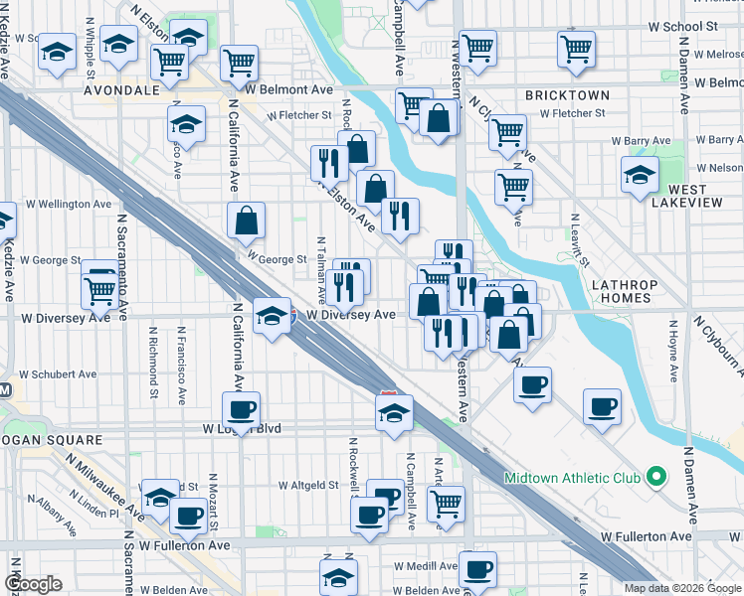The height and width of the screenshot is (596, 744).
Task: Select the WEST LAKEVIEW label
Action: click(680, 195)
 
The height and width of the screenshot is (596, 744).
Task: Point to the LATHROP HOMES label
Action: click(624, 291)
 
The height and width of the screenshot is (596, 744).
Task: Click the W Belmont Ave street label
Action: click(288, 89)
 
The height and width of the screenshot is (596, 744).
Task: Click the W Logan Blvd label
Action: click(242, 429)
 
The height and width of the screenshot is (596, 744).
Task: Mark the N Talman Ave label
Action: click(321, 269)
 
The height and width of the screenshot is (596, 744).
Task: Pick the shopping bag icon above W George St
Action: click(246, 220)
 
